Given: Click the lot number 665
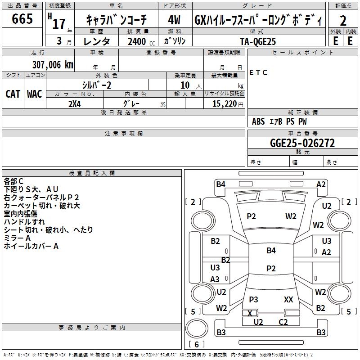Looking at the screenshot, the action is tap(22, 19).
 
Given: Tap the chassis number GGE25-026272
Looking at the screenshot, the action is tap(302, 143).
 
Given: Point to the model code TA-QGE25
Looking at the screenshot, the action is tap(258, 41).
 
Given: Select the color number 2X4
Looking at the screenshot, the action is tap(74, 103).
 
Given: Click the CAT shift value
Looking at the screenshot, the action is tap(13, 94).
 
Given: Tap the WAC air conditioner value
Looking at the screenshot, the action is tap(35, 94).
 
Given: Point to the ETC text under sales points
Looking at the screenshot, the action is tap(258, 72).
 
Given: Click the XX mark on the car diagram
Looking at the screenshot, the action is tap(288, 299).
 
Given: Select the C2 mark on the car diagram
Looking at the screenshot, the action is tap(283, 322).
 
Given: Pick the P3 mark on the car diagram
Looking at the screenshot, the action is tap(253, 299).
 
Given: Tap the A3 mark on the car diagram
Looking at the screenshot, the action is tap(215, 279).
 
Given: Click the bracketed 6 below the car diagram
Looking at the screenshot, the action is tap(197, 344).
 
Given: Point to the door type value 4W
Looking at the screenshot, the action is tap(174, 20).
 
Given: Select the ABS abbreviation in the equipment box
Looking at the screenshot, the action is tap(258, 121).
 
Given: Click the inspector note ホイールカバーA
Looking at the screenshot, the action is tap(31, 246).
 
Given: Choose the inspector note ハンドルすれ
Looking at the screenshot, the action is tap(24, 221).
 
